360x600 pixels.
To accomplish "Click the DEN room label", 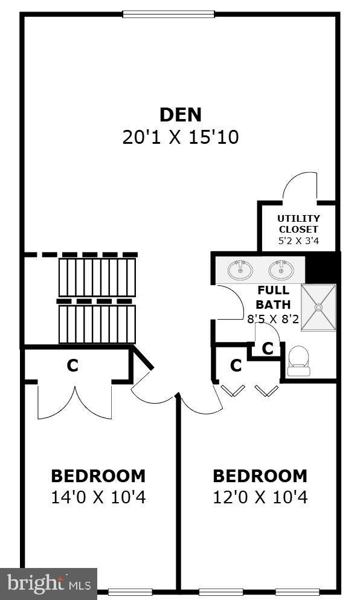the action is [180, 115].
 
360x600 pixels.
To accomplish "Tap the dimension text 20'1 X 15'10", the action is [180, 137].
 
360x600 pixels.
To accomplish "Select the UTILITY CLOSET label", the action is [298, 224].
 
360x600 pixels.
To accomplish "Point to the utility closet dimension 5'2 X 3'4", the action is [298, 240].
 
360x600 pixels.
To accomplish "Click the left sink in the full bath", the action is [240, 269].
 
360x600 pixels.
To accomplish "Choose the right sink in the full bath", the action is [281, 269].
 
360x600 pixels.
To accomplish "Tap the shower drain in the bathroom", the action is [318, 307].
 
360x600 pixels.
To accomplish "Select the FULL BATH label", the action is [273, 297].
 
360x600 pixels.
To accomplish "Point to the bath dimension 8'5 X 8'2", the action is [273, 319].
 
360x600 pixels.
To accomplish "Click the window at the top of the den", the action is [169, 14].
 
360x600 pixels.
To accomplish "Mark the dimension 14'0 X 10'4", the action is [98, 497].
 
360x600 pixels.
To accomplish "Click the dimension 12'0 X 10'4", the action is [260, 497].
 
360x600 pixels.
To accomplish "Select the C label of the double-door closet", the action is [72, 366].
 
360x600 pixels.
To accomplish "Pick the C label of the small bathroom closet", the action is [268, 348].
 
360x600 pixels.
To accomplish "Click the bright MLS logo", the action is [48, 584].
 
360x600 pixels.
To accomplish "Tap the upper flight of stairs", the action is [97, 277].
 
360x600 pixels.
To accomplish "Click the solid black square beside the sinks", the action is [322, 267].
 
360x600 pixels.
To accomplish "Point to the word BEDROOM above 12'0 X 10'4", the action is [260, 476].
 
